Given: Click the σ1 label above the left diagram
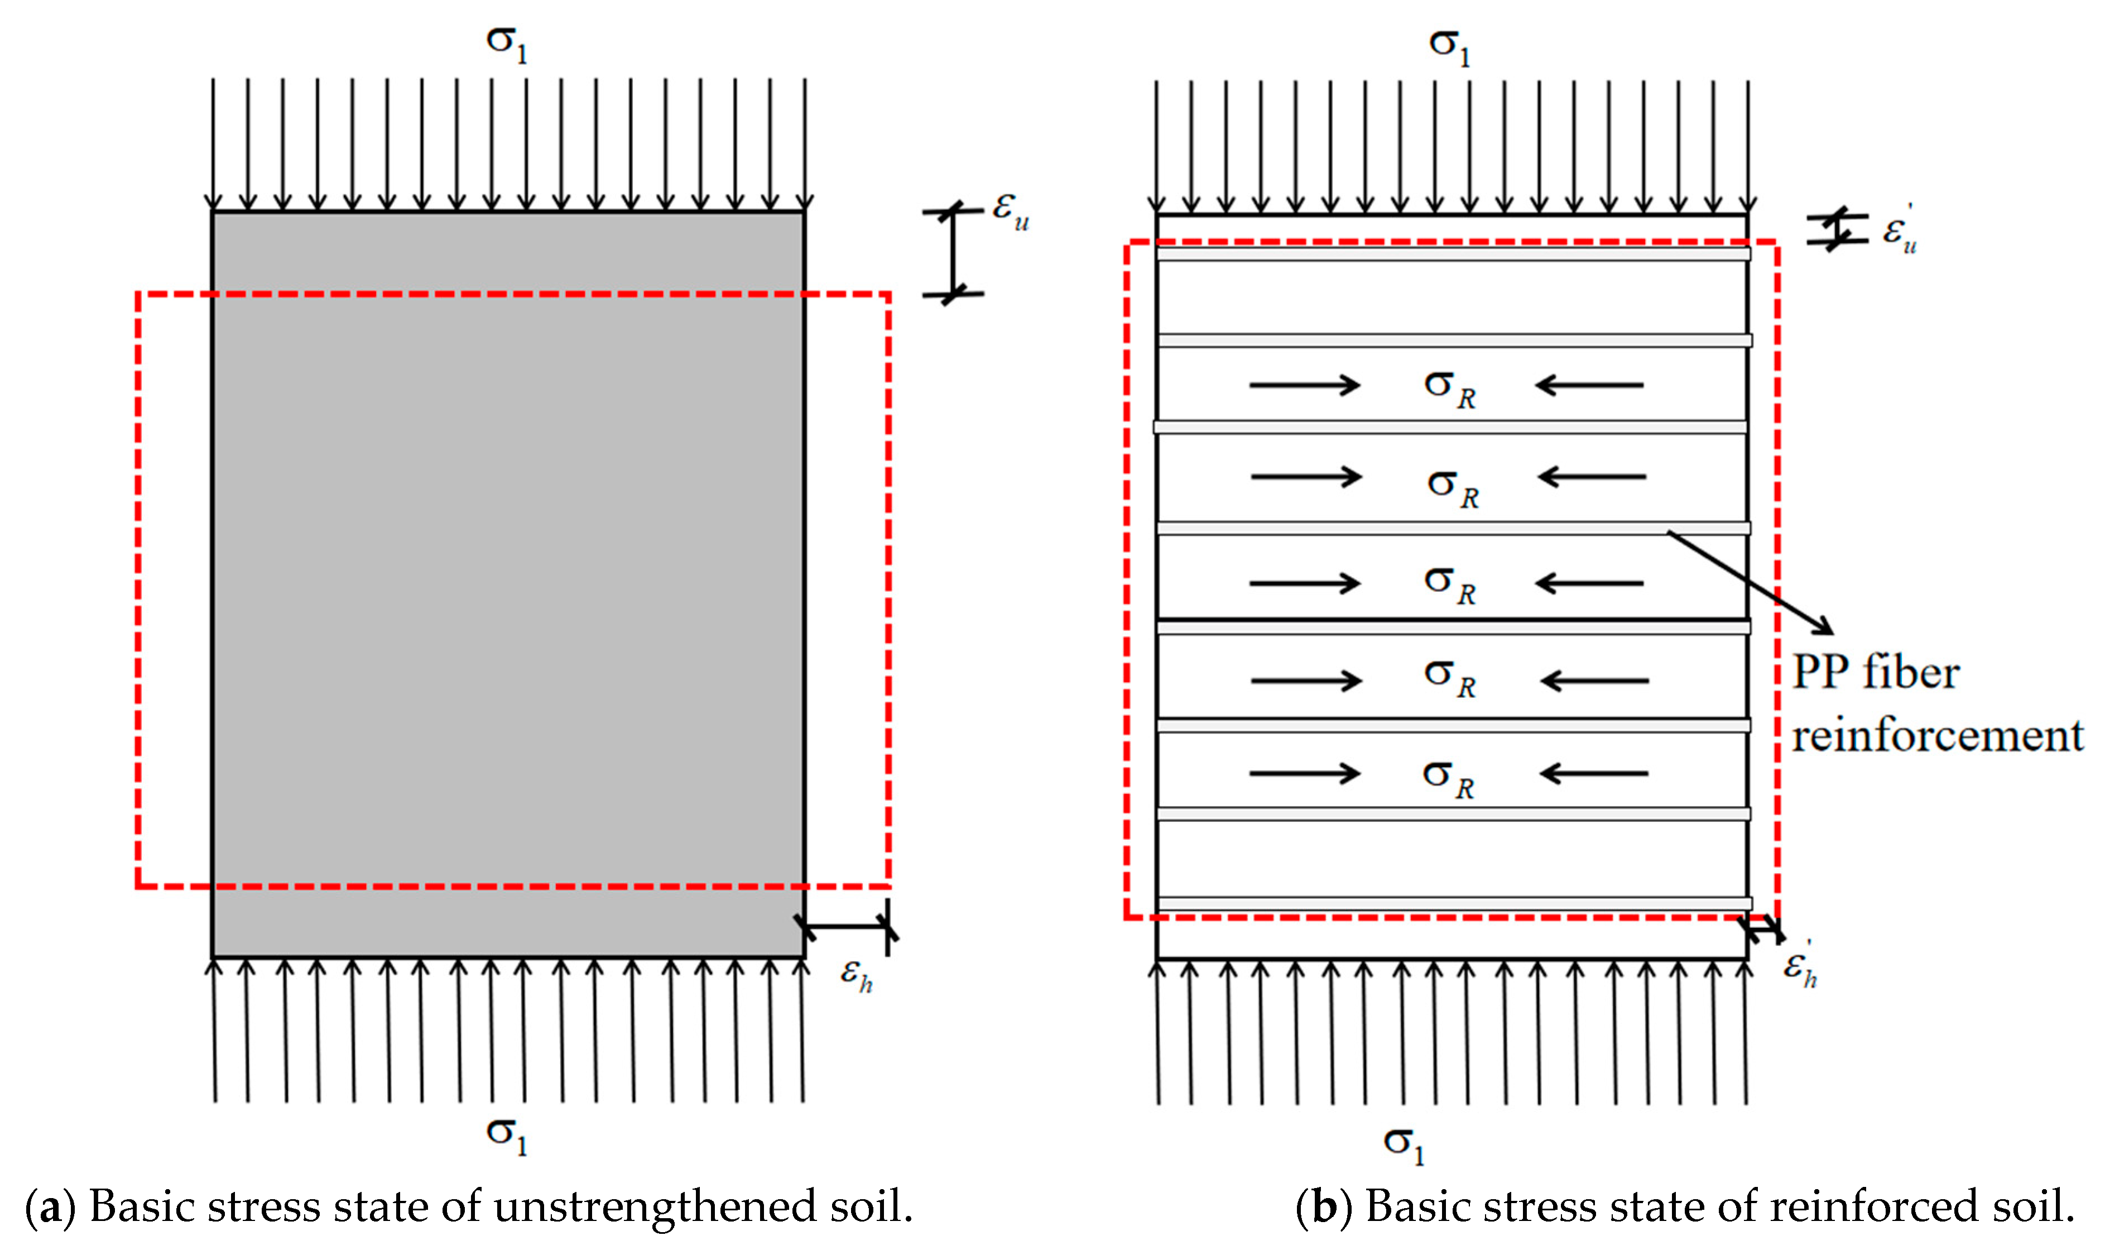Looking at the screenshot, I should click(x=506, y=44).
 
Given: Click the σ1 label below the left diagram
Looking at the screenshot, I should click(x=506, y=1136).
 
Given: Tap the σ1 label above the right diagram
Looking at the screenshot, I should click(x=1449, y=46).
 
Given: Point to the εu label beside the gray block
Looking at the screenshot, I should click(x=1010, y=210).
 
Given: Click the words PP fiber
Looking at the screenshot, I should click(x=1875, y=673).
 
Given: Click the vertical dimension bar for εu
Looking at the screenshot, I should click(x=953, y=253).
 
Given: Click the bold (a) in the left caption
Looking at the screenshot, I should click(x=50, y=1207).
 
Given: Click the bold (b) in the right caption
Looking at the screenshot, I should click(x=1324, y=1207).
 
